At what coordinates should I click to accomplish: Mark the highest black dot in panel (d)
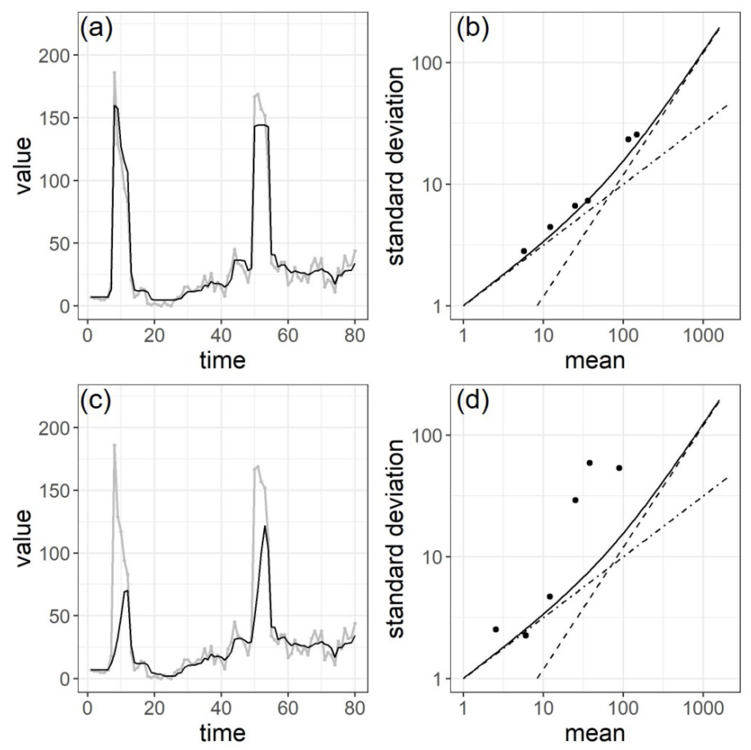589,463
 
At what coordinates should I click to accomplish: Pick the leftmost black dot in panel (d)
496,629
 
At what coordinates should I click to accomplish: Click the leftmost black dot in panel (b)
524,251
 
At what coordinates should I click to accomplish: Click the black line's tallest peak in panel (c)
265,526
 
